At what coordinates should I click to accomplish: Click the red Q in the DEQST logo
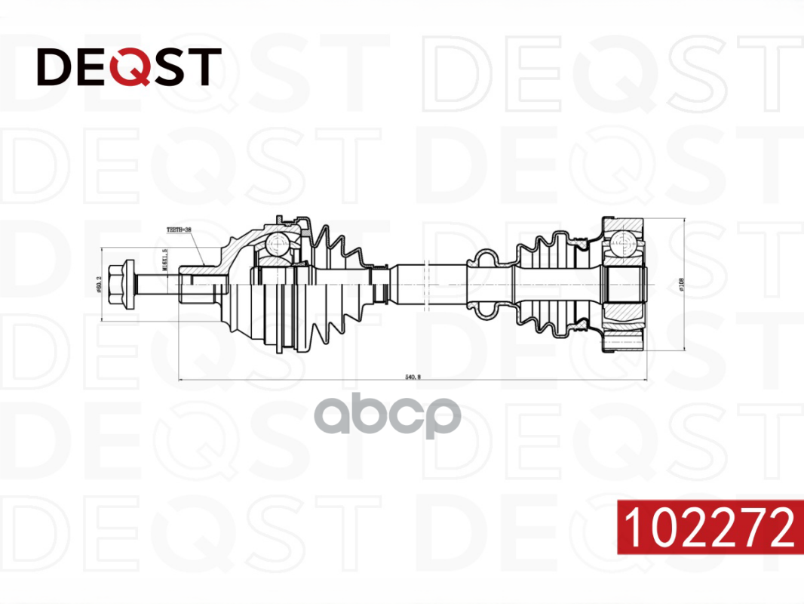click(126, 67)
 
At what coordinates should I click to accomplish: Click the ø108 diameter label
click(682, 285)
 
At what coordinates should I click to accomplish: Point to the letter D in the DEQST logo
click(54, 67)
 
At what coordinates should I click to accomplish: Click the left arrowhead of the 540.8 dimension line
click(182, 379)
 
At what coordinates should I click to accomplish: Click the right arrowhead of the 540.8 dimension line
click(643, 379)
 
